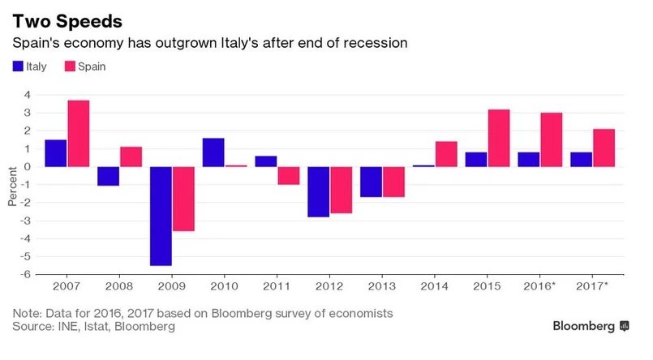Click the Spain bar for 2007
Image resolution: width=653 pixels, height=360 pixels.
pyautogui.click(x=79, y=134)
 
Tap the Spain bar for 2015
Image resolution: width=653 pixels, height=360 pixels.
pyautogui.click(x=499, y=138)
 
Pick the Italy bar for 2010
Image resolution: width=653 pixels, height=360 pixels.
pyautogui.click(x=213, y=152)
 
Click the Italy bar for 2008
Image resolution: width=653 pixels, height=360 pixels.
pyautogui.click(x=109, y=176)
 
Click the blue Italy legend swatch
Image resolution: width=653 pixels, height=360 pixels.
pyautogui.click(x=18, y=66)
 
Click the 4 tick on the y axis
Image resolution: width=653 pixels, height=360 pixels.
pyautogui.click(x=27, y=95)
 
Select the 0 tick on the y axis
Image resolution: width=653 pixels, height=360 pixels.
pyautogui.click(x=27, y=166)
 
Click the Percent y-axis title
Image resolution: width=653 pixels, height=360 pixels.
pyautogui.click(x=12, y=184)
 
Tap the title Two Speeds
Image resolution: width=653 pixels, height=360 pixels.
pyautogui.click(x=67, y=18)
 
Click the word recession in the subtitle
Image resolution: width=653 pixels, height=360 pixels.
pyautogui.click(x=372, y=42)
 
